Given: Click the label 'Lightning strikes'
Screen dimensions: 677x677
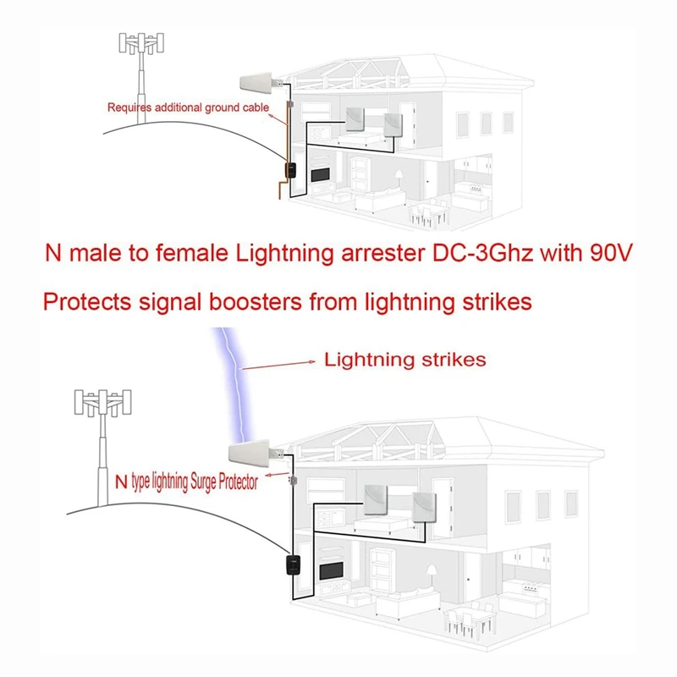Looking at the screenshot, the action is click(x=405, y=360).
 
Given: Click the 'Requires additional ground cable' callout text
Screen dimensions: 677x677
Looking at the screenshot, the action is click(x=188, y=107).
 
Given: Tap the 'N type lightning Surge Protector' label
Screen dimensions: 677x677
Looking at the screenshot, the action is click(x=185, y=482).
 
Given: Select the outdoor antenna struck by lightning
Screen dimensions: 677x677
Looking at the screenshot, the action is click(x=253, y=457).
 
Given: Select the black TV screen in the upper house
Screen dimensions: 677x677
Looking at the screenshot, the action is click(x=321, y=175).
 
